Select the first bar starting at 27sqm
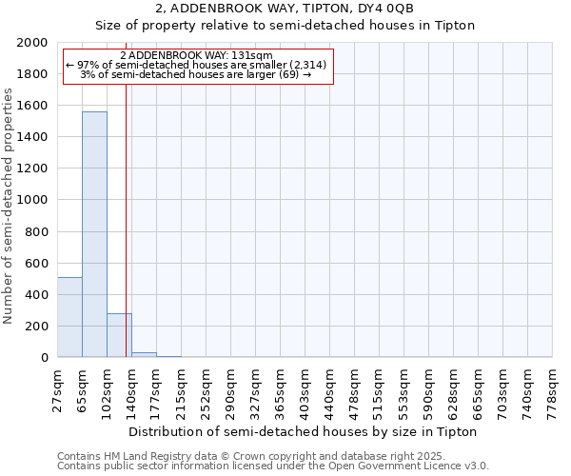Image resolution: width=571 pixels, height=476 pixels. tap(69, 317)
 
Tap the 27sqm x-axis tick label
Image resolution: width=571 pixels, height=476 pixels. tap(57, 390)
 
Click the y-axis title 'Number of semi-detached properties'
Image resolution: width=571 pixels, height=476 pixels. tap(9, 206)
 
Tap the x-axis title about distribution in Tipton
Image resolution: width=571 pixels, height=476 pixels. tap(302, 431)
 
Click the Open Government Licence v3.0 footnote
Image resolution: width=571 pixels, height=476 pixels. tap(273, 466)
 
